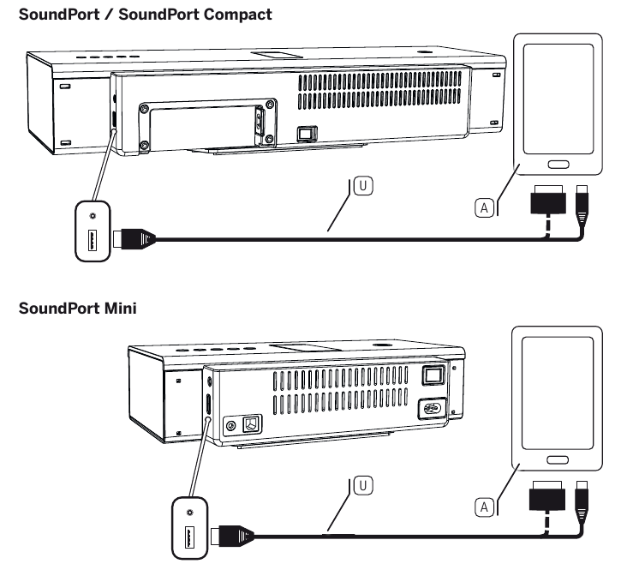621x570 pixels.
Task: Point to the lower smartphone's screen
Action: point(558,389)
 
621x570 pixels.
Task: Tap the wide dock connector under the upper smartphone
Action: point(549,201)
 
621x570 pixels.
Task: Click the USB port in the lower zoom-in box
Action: point(189,538)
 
